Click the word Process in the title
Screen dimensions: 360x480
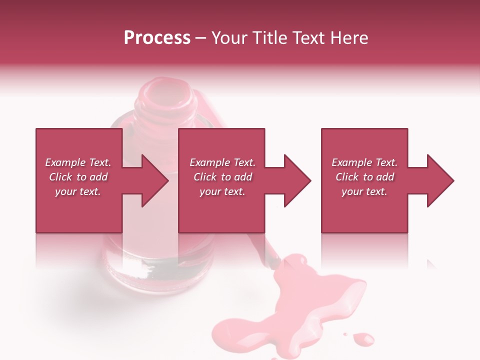[x=157, y=38]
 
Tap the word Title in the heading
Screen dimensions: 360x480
[x=270, y=38]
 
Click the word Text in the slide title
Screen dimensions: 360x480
[x=308, y=38]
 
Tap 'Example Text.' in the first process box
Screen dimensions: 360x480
[x=78, y=162]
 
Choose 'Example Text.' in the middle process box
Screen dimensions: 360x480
[x=222, y=162]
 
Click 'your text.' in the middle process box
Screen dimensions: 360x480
[x=222, y=191]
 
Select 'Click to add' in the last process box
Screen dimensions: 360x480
[x=365, y=177]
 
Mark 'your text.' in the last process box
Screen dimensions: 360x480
[x=364, y=191]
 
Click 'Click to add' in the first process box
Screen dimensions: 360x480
[x=78, y=177]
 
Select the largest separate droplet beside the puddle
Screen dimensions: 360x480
[x=363, y=339]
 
